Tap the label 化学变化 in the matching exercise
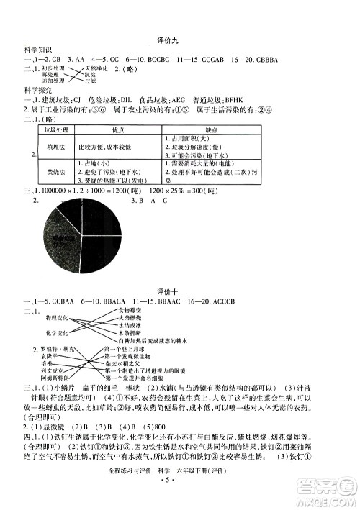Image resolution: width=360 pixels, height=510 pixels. (58, 333)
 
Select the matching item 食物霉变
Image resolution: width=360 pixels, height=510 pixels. (131, 309)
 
